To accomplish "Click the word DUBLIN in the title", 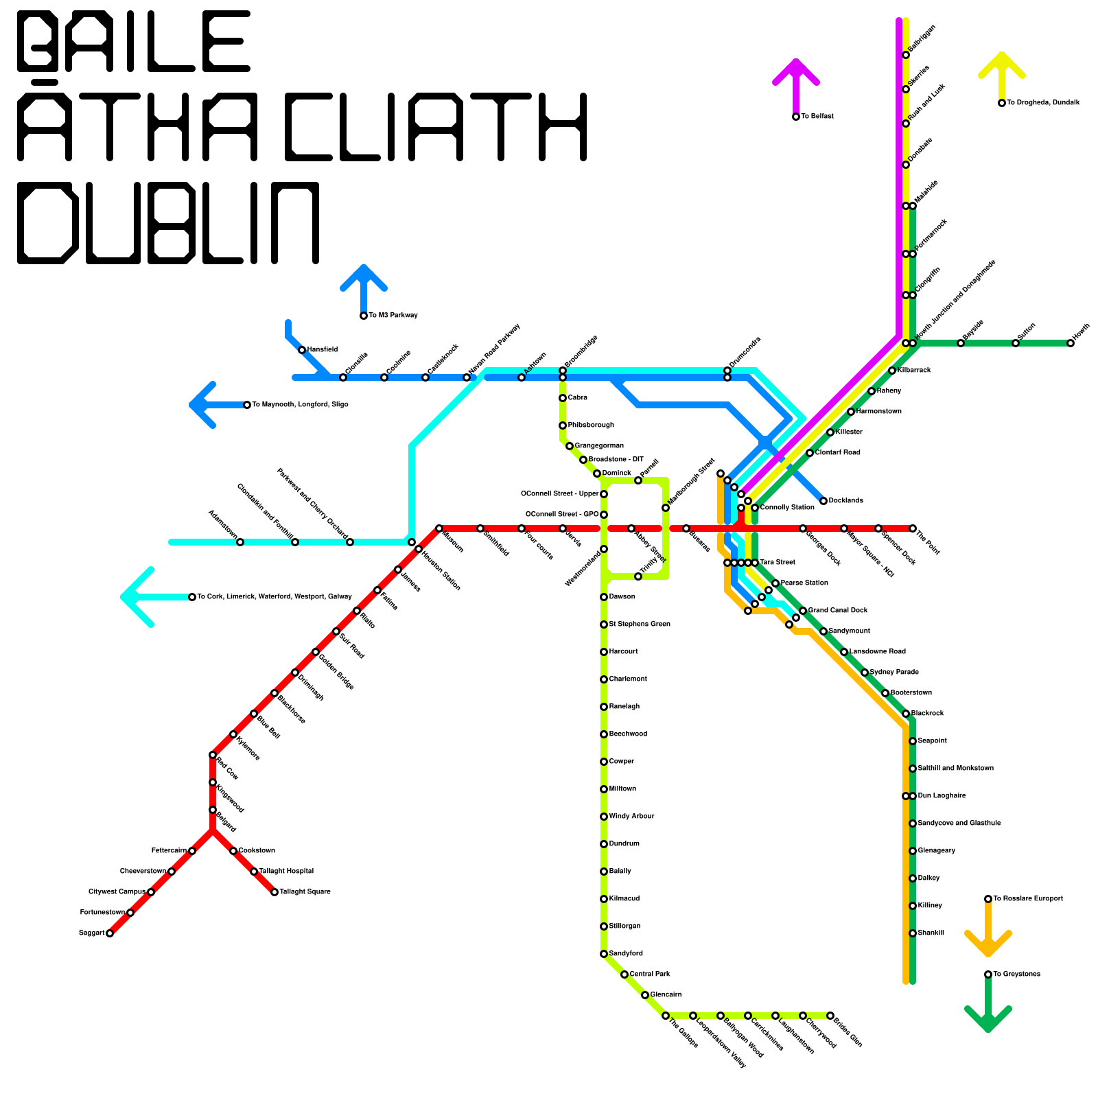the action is point(168,223).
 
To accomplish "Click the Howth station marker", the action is point(1071,343).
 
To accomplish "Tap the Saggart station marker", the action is point(110,933).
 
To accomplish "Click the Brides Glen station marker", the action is point(830,1016).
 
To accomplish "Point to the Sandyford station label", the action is point(626,954).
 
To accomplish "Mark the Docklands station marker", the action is point(823,501).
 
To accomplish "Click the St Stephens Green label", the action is point(640,624).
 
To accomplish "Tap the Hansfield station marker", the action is point(302,350).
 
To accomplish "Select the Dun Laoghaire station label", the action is point(942,796).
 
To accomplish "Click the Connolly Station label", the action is point(787,508).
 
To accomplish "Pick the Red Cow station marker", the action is point(213,755).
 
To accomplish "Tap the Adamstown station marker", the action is point(240,542).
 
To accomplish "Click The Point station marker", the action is point(913,528).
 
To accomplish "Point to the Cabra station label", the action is point(578,398).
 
